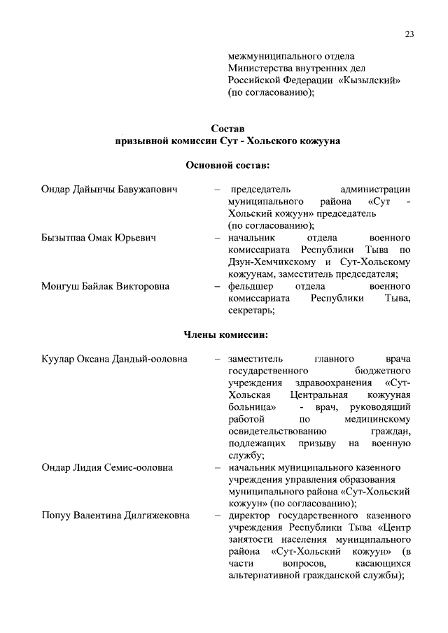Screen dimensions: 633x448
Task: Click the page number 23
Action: pyautogui.click(x=409, y=35)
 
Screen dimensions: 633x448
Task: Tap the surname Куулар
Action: pyautogui.click(x=59, y=360)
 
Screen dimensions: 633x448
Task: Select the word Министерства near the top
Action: pyautogui.click(x=258, y=68)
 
